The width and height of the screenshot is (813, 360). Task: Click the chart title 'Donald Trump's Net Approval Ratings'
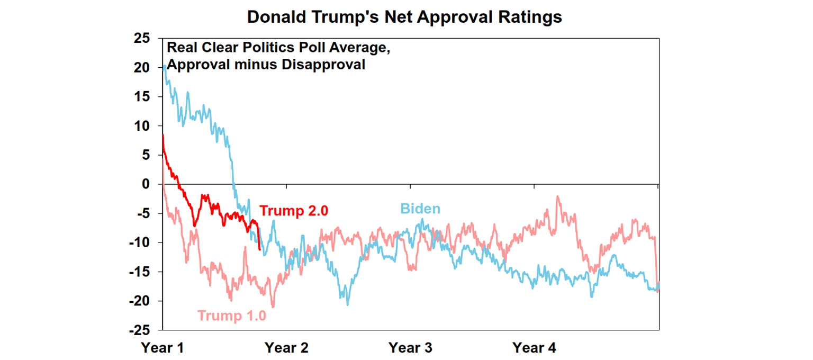coord(404,17)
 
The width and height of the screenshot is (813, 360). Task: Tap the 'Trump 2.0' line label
coord(294,210)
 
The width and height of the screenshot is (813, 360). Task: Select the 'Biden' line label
coord(420,209)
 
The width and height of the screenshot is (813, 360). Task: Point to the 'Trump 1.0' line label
coord(232,316)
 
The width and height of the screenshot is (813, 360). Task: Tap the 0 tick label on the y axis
coord(147,184)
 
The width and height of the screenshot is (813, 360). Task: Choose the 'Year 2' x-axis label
coord(286,348)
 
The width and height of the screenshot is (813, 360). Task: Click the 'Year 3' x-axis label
coord(410,348)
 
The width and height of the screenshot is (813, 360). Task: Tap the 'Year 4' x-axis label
coord(534,348)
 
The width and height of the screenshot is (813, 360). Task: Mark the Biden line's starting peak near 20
coord(165,67)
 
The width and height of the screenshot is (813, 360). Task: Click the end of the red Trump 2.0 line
coord(259,249)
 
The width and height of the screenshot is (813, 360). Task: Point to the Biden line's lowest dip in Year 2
coord(348,304)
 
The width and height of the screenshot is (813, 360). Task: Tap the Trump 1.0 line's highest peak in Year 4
coord(557,196)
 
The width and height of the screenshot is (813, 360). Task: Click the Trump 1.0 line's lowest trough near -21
coord(273,307)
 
